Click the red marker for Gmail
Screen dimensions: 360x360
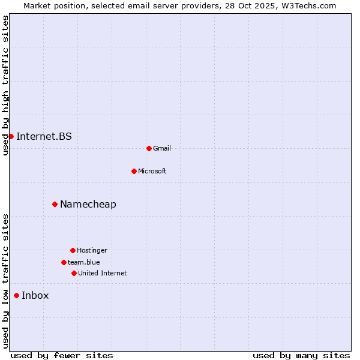tap(149, 148)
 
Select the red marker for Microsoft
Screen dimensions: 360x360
tap(134, 171)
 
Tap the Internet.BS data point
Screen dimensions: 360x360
tap(11, 136)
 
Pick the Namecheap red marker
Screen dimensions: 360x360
tap(55, 204)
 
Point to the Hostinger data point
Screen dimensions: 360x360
tap(73, 250)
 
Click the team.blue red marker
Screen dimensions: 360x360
tap(64, 262)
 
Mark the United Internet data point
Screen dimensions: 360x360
tap(74, 273)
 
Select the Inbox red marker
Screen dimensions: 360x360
tap(16, 295)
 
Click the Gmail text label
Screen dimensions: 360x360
tap(162, 148)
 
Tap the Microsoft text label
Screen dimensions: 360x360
tap(152, 171)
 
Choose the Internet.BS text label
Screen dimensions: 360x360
tap(44, 136)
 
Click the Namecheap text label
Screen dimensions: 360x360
tap(88, 204)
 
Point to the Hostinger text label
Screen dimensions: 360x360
tap(92, 250)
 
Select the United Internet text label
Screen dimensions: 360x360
tap(103, 273)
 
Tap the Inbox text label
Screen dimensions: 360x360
tap(35, 295)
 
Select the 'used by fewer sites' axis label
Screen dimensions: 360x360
tap(62, 355)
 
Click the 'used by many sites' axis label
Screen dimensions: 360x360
tap(301, 355)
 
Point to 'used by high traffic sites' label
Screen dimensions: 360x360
tap(5, 85)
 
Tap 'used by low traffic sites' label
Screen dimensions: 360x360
tap(5, 281)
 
